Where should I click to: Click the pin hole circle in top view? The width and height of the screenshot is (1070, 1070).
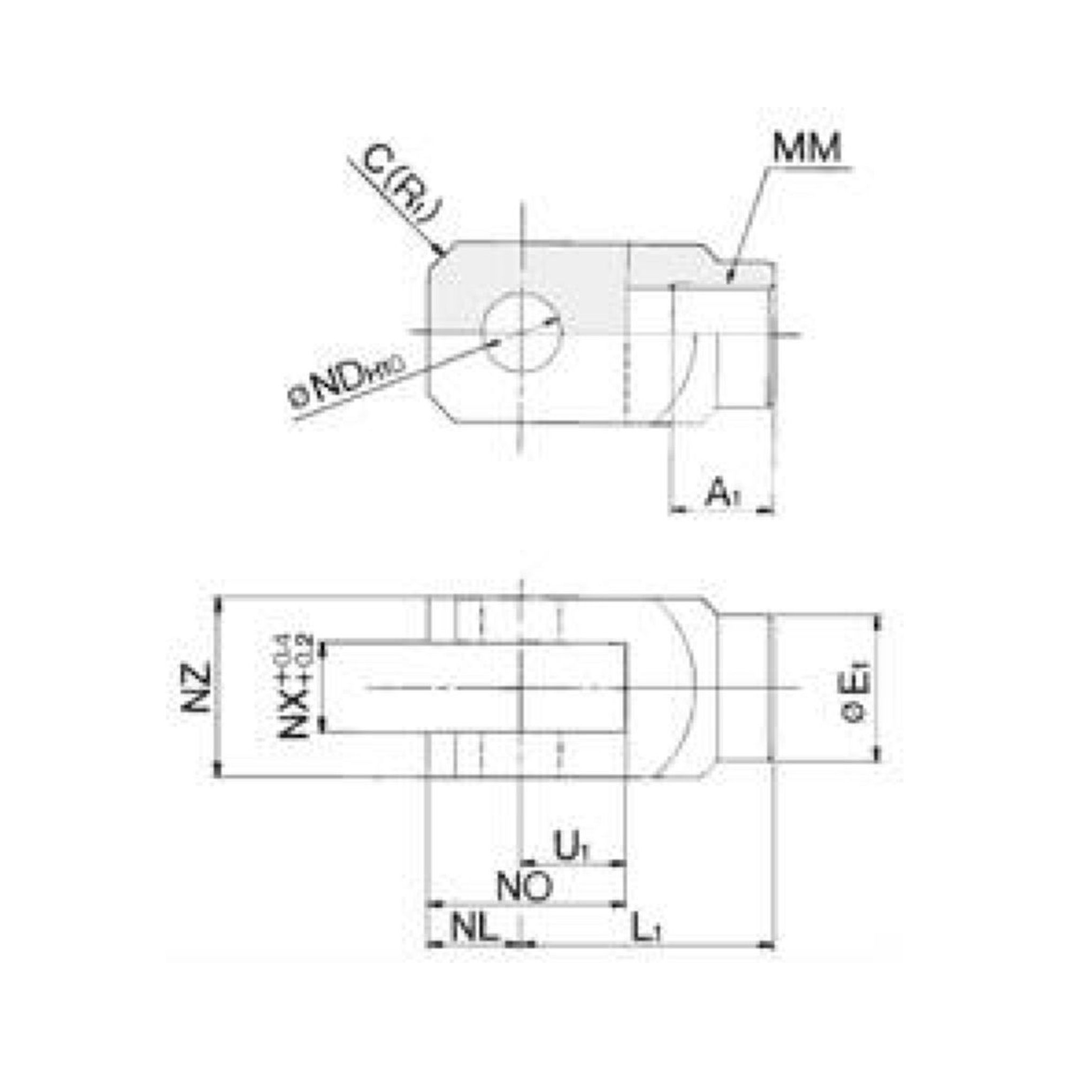(x=522, y=331)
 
